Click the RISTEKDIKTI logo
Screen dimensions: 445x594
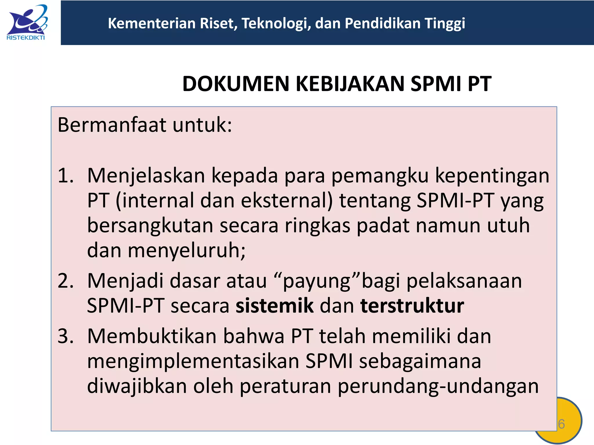click(26, 23)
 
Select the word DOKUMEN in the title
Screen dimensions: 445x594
click(236, 84)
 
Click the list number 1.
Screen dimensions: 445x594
click(65, 176)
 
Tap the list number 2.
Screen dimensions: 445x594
click(65, 281)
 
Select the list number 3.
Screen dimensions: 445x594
click(65, 336)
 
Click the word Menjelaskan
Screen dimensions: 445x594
click(146, 176)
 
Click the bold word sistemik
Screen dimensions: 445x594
click(274, 306)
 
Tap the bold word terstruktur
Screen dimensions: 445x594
click(412, 306)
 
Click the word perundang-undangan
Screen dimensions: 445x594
click(438, 386)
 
